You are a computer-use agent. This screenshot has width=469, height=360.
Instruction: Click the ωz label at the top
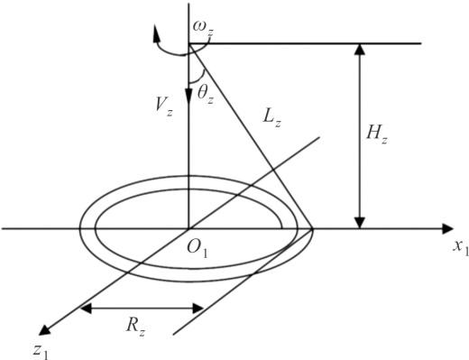(203, 29)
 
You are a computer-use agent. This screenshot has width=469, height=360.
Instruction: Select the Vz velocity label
(164, 107)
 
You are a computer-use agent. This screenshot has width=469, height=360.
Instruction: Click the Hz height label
(377, 134)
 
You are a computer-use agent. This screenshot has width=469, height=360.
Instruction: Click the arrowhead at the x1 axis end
(447, 229)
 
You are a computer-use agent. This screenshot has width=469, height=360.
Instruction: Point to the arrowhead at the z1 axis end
(44, 330)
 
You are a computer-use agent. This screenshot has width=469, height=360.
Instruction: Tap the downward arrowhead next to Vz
(189, 95)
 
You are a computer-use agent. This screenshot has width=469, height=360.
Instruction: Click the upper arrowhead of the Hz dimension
(360, 50)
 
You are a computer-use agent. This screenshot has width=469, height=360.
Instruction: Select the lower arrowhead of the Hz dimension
(360, 223)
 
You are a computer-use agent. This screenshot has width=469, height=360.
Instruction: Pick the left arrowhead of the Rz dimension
(87, 309)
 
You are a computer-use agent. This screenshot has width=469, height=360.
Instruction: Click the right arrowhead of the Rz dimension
(198, 309)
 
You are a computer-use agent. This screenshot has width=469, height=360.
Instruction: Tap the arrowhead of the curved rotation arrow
(156, 32)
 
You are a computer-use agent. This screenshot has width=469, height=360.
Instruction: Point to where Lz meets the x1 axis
(313, 229)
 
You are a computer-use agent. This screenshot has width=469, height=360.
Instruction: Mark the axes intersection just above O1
(189, 229)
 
